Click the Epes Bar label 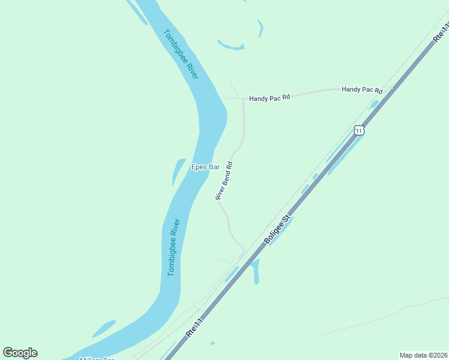(205, 167)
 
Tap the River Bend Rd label (224, 181)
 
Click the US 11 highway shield (358, 130)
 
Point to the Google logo (20, 353)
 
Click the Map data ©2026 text (423, 355)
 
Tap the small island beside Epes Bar (179, 170)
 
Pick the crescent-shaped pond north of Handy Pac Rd (231, 46)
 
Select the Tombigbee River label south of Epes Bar (174, 247)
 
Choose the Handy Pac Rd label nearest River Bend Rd (270, 97)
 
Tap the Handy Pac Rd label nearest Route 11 (362, 89)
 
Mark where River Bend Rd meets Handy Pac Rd (243, 99)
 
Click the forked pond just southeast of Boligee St (256, 271)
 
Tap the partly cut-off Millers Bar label (97, 358)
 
